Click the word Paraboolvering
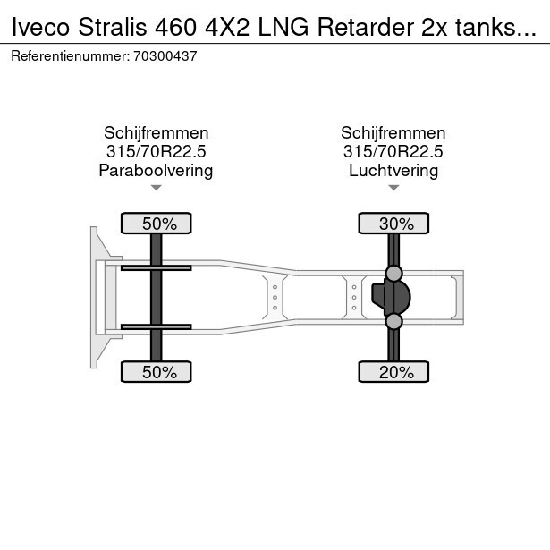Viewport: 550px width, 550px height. [x=156, y=170]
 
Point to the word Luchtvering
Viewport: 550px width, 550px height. [x=393, y=170]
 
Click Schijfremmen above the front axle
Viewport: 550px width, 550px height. [x=156, y=132]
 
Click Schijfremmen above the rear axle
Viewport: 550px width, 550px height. [x=393, y=132]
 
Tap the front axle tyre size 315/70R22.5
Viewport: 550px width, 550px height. [x=156, y=151]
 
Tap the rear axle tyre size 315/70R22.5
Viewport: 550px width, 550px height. [x=393, y=151]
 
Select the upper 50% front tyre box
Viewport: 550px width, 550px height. [x=156, y=223]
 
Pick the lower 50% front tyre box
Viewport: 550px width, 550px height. [x=156, y=372]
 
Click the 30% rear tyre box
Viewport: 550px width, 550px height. [x=394, y=223]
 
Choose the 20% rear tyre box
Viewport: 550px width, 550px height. [x=394, y=372]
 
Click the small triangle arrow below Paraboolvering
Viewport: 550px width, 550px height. [x=156, y=188]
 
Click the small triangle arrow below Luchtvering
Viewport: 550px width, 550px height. [x=393, y=188]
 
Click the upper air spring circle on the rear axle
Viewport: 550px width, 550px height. [x=393, y=272]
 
